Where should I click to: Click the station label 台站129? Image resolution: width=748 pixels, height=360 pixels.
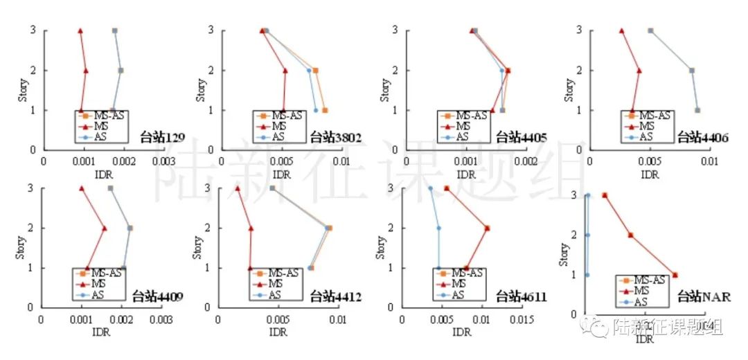click(162, 138)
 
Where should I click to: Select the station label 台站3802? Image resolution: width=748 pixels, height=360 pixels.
click(338, 138)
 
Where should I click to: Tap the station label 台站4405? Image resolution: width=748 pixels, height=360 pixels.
click(522, 138)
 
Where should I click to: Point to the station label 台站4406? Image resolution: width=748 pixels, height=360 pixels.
click(702, 138)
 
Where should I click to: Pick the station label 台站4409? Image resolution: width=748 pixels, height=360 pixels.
click(158, 297)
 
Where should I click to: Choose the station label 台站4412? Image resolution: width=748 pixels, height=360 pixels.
click(336, 297)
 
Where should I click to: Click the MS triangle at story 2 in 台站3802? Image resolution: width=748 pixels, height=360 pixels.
click(285, 70)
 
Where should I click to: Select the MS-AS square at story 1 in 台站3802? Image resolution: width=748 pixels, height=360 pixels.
click(324, 110)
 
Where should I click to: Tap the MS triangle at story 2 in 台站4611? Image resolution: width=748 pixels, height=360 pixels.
click(487, 228)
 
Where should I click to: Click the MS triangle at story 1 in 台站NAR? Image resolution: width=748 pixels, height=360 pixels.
click(675, 275)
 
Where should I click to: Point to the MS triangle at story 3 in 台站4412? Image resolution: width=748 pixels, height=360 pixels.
click(238, 188)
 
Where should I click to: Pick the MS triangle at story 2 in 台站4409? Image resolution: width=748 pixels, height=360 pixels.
click(105, 228)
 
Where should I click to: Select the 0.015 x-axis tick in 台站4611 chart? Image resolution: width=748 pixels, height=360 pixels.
click(521, 320)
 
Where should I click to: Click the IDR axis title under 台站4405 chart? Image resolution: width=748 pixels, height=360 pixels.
click(466, 174)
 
